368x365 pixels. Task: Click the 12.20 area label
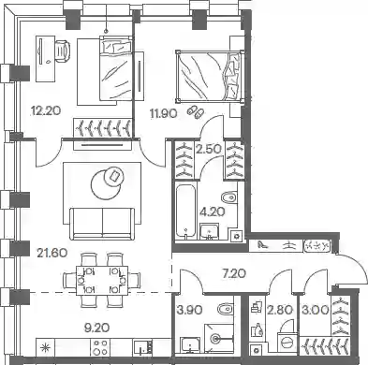coord(46,110)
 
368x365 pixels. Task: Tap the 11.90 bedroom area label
coord(164,113)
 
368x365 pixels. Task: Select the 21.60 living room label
coord(52,253)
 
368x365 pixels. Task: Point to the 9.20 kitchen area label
coord(97,328)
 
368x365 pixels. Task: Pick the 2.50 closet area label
coord(209,149)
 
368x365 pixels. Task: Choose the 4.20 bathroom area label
coord(213,212)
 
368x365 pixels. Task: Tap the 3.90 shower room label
coord(189,310)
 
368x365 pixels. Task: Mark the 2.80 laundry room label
coord(280,310)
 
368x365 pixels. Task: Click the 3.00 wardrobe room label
coord(316,310)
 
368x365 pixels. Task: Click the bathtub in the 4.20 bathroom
coord(185,212)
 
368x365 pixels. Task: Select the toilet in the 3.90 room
coord(225,310)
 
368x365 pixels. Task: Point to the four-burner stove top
coord(100,347)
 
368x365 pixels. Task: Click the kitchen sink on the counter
coord(143,347)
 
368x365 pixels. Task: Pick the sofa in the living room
coord(102,224)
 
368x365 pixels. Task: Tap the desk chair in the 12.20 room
coord(63,50)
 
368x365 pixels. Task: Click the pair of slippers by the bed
coord(196,111)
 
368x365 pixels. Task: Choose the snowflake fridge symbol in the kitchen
coord(46,347)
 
